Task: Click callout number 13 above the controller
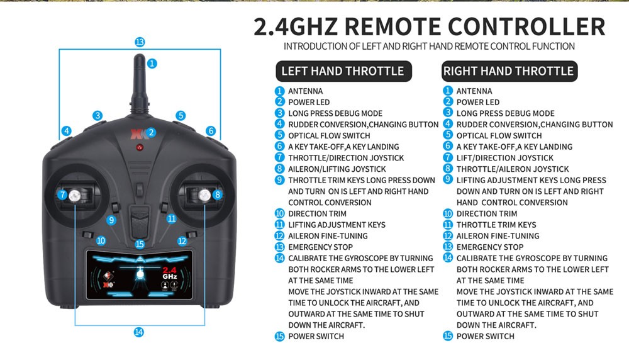click(x=140, y=42)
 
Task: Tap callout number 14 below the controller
click(x=139, y=332)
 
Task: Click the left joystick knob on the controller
click(x=75, y=195)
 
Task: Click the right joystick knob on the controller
click(x=204, y=195)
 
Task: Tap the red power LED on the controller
click(x=140, y=147)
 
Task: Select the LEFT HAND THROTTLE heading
click(x=342, y=71)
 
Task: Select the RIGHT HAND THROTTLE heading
click(x=508, y=71)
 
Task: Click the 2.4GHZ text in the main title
click(x=296, y=27)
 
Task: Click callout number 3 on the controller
click(x=97, y=115)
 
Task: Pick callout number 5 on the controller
click(x=181, y=115)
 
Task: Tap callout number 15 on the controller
click(x=140, y=244)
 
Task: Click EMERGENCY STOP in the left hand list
click(x=320, y=247)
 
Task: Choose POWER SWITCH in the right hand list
click(x=485, y=337)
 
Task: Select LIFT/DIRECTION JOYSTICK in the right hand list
click(x=505, y=158)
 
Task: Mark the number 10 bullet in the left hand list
click(x=280, y=214)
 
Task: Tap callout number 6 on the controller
click(x=211, y=131)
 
